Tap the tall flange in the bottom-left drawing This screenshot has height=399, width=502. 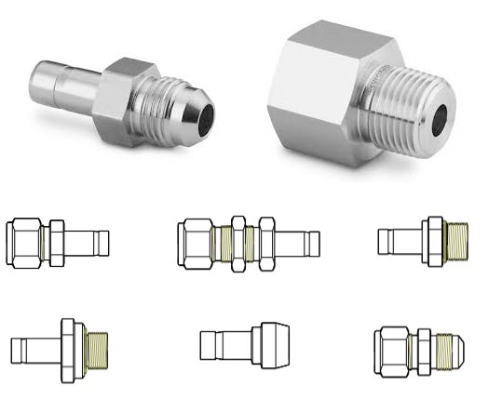pos(69,348)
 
